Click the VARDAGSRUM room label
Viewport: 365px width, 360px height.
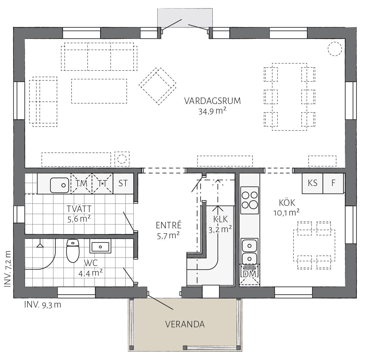click(x=212, y=101)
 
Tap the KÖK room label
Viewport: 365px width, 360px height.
click(x=287, y=203)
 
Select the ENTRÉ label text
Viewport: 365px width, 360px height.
click(x=169, y=225)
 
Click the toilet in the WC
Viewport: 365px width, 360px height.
click(x=73, y=251)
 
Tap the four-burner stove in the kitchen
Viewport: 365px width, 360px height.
click(x=250, y=200)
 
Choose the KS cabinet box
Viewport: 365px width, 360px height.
click(x=312, y=183)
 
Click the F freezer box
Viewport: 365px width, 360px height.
click(x=333, y=183)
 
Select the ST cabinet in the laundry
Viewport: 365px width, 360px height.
click(x=123, y=184)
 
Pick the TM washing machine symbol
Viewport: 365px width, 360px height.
click(x=81, y=184)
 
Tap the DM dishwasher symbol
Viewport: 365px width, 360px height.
click(x=249, y=274)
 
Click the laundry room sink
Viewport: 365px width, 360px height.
click(x=60, y=185)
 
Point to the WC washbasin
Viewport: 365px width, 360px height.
click(x=100, y=246)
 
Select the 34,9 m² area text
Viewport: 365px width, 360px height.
click(x=212, y=112)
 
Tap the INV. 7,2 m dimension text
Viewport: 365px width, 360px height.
click(x=8, y=269)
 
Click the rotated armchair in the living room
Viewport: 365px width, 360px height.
click(x=157, y=86)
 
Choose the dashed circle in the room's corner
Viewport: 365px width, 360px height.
click(x=335, y=49)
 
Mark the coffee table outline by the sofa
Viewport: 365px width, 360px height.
click(x=99, y=91)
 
